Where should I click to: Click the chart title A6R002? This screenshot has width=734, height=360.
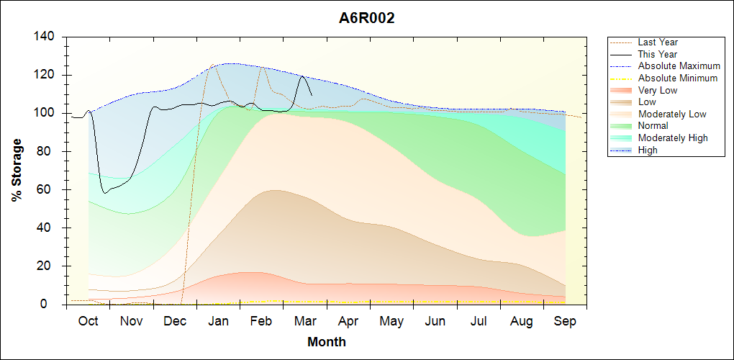[367, 19]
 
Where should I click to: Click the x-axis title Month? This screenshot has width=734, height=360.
[326, 342]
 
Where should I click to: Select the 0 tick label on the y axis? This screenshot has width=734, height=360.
[53, 305]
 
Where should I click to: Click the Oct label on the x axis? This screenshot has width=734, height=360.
[88, 321]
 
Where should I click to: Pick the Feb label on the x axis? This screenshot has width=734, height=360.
[261, 321]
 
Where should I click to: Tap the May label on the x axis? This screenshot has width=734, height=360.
[391, 321]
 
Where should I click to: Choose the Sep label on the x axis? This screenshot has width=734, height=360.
[565, 321]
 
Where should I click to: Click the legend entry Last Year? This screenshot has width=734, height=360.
[658, 42]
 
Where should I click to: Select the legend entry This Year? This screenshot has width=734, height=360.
[658, 54]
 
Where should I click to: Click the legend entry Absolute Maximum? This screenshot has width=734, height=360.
[679, 66]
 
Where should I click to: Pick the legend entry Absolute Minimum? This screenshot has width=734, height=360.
[678, 78]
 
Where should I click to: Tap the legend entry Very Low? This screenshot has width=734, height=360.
[658, 90]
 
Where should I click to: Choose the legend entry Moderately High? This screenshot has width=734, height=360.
[673, 138]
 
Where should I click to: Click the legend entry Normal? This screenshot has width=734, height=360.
[653, 126]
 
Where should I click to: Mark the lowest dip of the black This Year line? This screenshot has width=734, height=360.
[105, 193]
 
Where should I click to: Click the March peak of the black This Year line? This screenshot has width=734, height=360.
[302, 76]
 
